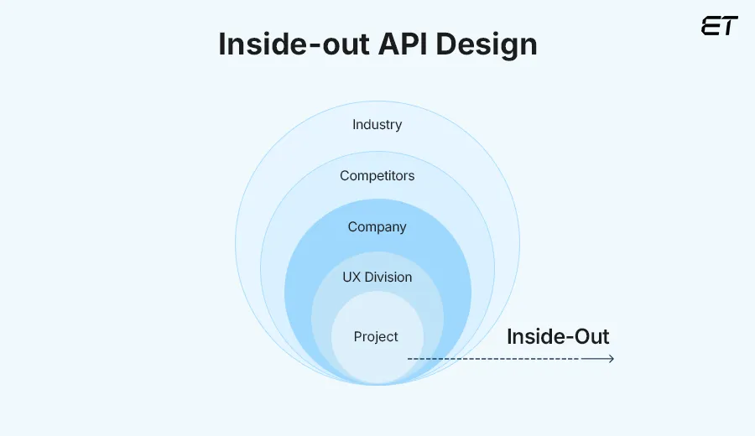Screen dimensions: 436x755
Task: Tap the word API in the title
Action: coord(409,44)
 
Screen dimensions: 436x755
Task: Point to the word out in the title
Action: coord(346,44)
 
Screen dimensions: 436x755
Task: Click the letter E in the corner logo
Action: coord(710,26)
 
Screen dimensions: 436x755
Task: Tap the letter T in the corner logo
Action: coord(729,26)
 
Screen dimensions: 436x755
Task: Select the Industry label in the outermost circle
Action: coord(377,125)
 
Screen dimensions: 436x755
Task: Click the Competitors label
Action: coord(377,176)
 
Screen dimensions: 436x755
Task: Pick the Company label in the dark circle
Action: coord(377,227)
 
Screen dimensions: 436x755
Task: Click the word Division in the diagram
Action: coord(388,278)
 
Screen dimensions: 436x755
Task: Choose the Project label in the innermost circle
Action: coord(376,337)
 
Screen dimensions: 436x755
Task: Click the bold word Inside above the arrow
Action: coord(534,337)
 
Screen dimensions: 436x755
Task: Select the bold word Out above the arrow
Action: coord(590,337)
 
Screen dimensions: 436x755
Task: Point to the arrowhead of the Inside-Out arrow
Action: coord(611,359)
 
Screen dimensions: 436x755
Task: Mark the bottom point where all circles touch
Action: coord(377,384)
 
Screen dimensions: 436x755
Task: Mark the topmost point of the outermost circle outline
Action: coord(377,101)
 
